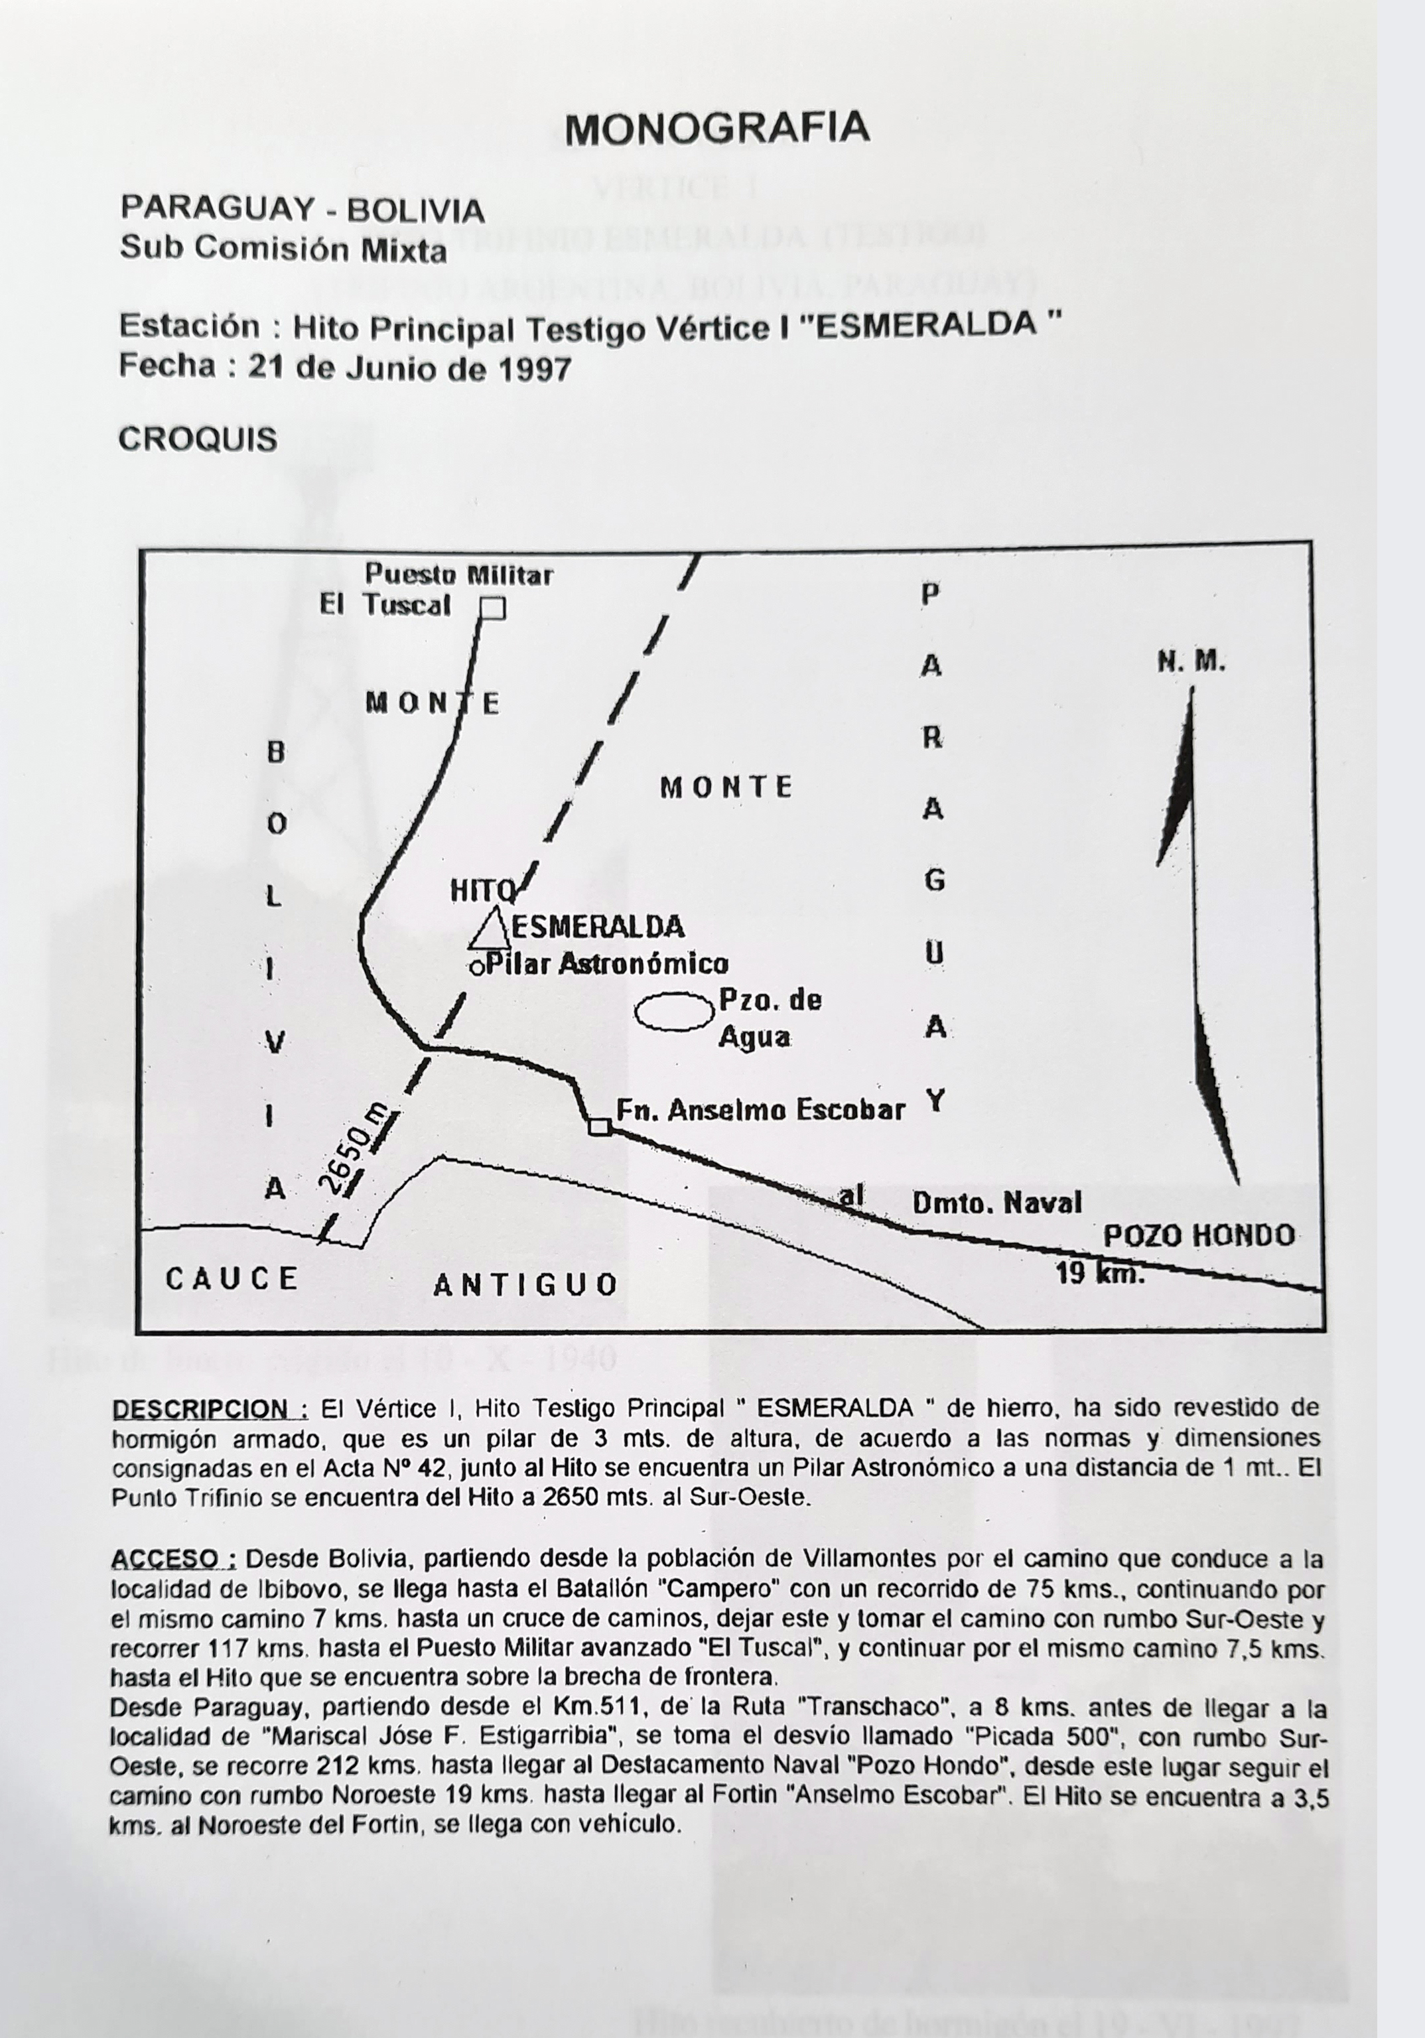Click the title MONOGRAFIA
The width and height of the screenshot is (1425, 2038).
pos(717,129)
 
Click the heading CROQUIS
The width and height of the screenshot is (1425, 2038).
pos(198,439)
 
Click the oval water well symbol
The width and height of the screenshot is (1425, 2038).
pos(675,1012)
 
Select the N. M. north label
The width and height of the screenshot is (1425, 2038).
pos(1191,662)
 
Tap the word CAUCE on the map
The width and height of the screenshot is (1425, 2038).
pos(232,1279)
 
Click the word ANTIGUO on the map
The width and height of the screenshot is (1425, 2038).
pos(525,1284)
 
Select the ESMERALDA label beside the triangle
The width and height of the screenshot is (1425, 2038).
pos(598,927)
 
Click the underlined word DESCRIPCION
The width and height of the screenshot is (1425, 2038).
pos(210,1408)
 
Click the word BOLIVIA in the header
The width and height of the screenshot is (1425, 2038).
pos(415,211)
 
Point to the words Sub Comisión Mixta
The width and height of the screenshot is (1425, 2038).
pos(283,250)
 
